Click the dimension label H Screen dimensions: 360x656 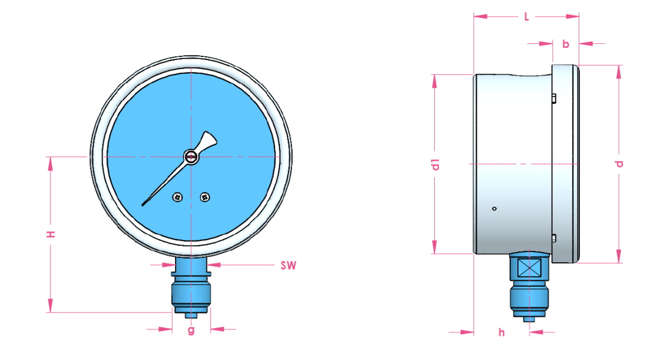tap(52, 234)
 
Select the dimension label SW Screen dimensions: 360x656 tap(288, 265)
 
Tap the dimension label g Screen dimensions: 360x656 tap(191, 330)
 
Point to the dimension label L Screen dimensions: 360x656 tap(526, 17)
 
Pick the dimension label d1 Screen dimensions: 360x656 tap(436, 164)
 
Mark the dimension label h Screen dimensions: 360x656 tap(501, 332)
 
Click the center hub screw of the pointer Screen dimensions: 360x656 tap(191, 157)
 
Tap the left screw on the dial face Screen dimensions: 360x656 tap(177, 197)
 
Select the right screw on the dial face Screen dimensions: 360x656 tap(204, 196)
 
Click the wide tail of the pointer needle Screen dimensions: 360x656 tap(207, 142)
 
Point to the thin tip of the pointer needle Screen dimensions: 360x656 tap(145, 204)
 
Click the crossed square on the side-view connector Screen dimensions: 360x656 tap(528, 268)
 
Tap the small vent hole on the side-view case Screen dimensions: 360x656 tap(493, 209)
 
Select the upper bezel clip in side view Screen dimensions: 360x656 tap(553, 98)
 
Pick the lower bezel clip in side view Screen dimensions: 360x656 tap(553, 238)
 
